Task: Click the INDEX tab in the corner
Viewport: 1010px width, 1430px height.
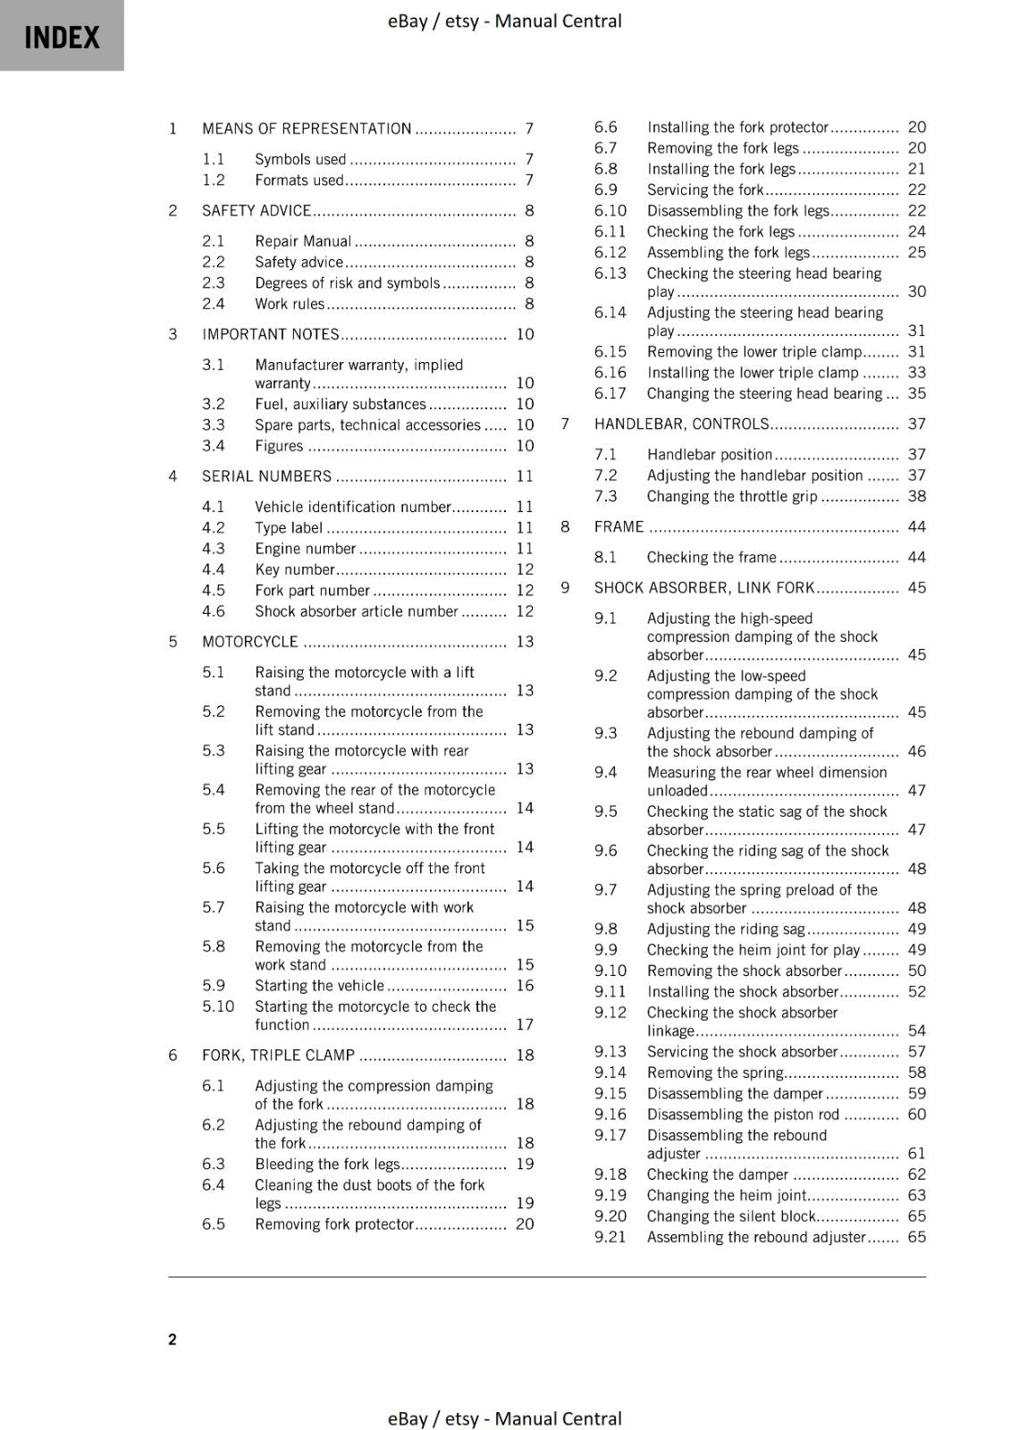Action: click(62, 37)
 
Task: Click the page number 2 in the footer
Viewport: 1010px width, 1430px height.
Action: click(173, 1339)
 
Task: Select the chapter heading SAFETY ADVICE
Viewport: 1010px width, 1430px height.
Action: click(257, 211)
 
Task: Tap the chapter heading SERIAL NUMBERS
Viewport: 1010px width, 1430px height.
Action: click(266, 476)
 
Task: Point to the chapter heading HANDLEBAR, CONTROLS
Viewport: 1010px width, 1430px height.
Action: click(681, 424)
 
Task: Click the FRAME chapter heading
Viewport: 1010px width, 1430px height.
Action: click(619, 526)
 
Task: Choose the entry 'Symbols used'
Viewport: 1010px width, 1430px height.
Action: click(300, 159)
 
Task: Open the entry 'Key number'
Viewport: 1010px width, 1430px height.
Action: click(294, 569)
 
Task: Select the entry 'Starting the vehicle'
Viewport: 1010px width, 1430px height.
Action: click(319, 986)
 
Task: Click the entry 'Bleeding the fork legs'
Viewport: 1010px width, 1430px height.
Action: click(327, 1164)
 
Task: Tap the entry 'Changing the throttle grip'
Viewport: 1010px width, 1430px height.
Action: click(732, 496)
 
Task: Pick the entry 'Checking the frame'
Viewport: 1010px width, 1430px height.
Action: click(711, 557)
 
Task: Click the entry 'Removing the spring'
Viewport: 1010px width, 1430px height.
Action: click(715, 1072)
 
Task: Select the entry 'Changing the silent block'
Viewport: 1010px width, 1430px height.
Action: click(731, 1216)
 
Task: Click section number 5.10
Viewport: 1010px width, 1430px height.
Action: click(218, 1006)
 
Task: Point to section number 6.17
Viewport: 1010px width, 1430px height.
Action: click(610, 393)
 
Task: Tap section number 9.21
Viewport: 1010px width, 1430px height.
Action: click(610, 1237)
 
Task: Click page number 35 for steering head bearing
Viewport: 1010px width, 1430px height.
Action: click(917, 393)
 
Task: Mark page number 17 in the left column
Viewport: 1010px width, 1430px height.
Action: click(525, 1025)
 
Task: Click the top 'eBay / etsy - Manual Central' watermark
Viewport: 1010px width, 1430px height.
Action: click(504, 21)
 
